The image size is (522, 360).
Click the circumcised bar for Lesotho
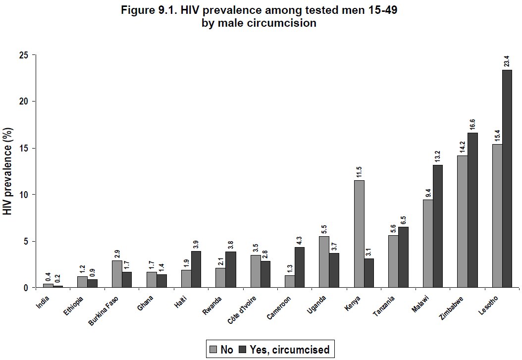pos(507,178)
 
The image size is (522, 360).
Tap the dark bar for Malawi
pos(438,226)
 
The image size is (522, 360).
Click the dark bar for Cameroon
pos(300,267)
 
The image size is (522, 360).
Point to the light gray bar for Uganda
pos(324,262)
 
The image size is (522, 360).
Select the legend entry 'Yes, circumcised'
pos(284,349)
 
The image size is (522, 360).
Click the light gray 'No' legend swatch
pos(213,349)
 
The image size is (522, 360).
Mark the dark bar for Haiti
pos(196,269)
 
